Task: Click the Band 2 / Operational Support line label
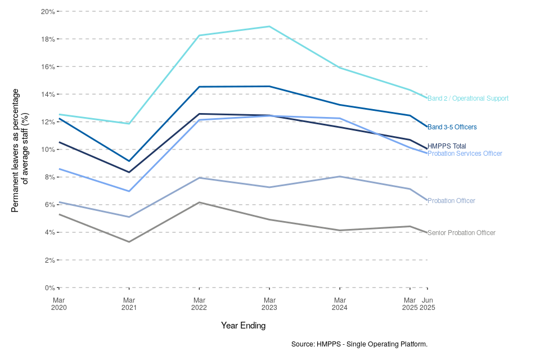pyautogui.click(x=467, y=98)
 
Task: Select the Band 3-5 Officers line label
pyautogui.click(x=452, y=127)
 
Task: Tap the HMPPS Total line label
pyautogui.click(x=447, y=146)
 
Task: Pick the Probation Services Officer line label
pyautogui.click(x=465, y=154)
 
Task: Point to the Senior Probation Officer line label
pyautogui.click(x=461, y=233)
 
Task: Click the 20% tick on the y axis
pyautogui.click(x=48, y=11)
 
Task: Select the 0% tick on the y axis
pyautogui.click(x=49, y=288)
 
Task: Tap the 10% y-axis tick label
pyautogui.click(x=48, y=150)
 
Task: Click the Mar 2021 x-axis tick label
pyautogui.click(x=129, y=304)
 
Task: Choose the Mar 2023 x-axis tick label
pyautogui.click(x=269, y=304)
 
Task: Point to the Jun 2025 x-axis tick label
pyautogui.click(x=427, y=304)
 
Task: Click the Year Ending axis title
pyautogui.click(x=243, y=325)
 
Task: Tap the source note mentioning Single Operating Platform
pyautogui.click(x=359, y=344)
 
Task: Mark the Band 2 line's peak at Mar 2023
pyautogui.click(x=269, y=26)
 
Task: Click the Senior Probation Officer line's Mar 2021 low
pyautogui.click(x=129, y=242)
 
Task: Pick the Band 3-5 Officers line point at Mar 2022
pyautogui.click(x=199, y=87)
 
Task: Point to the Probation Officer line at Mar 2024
pyautogui.click(x=340, y=177)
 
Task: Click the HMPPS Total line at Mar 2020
pyautogui.click(x=59, y=142)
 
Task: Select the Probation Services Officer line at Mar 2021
pyautogui.click(x=129, y=191)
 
